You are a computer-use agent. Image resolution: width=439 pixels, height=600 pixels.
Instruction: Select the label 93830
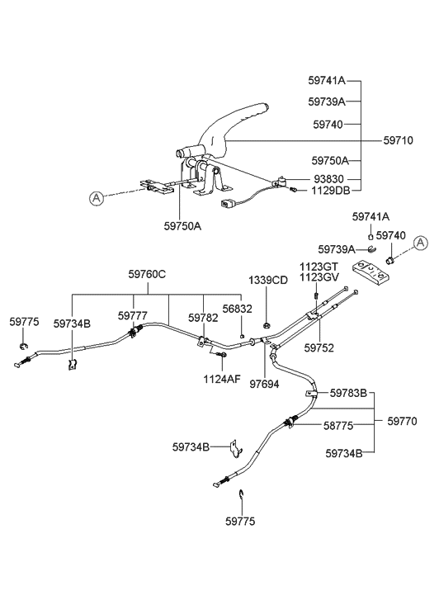coord(330,179)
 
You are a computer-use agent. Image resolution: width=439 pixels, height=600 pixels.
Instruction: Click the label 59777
coord(133,316)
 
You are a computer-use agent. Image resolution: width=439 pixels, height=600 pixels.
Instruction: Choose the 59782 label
coord(203,317)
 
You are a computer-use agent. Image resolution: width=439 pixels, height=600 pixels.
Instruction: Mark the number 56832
coord(240,309)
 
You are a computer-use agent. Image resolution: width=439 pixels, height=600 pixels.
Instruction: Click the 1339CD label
coord(268,280)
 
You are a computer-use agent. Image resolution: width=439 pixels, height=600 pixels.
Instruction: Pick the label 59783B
coord(348,393)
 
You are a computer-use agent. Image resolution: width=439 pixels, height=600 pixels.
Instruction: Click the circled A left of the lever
coord(97,198)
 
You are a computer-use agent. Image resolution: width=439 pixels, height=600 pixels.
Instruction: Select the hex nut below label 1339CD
coord(269,324)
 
